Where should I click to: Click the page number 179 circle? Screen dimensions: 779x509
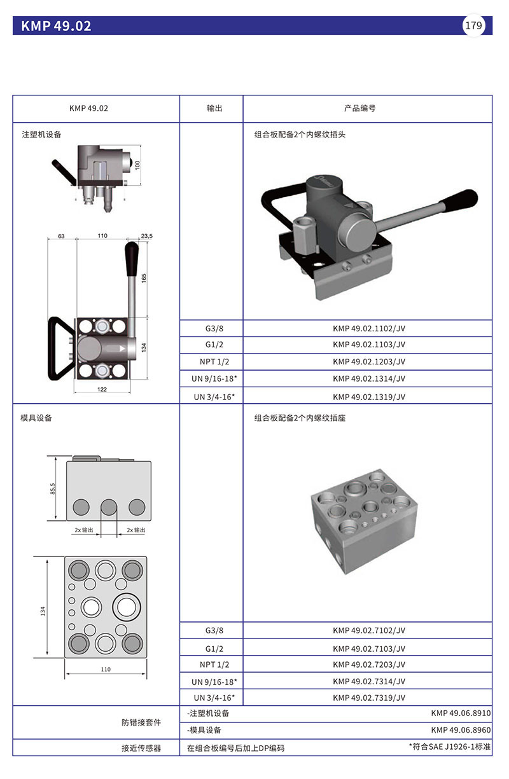[473, 25]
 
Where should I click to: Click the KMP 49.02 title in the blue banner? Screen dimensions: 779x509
[56, 26]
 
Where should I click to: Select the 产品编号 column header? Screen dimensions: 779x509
[359, 108]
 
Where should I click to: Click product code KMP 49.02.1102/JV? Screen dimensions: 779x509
[368, 328]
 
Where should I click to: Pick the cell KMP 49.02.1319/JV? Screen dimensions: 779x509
[368, 397]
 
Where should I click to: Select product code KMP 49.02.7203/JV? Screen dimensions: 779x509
[368, 665]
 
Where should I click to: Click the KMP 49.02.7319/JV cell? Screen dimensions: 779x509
[368, 698]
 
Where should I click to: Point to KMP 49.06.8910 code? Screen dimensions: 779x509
[461, 714]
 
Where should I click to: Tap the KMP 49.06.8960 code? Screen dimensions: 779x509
[461, 730]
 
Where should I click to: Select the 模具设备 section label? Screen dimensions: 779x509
[36, 418]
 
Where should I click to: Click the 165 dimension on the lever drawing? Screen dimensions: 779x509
[144, 279]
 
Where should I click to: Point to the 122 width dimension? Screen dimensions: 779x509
[102, 389]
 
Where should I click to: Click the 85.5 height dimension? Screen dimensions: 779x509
[53, 488]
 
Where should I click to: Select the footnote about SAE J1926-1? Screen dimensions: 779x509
[449, 747]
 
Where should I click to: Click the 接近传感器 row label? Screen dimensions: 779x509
[141, 748]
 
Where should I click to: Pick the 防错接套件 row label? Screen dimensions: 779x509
[141, 722]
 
